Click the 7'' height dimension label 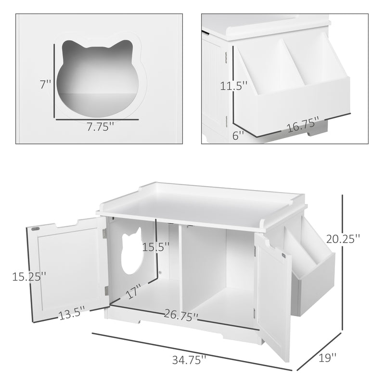pyautogui.click(x=45, y=85)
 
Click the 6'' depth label pyautogui.click(x=239, y=136)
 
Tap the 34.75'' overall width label pyautogui.click(x=190, y=359)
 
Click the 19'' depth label pyautogui.click(x=327, y=358)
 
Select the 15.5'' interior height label pyautogui.click(x=156, y=247)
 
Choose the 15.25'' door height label pyautogui.click(x=29, y=277)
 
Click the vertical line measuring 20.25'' pyautogui.click(x=342, y=262)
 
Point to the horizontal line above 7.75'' pyautogui.click(x=99, y=118)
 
